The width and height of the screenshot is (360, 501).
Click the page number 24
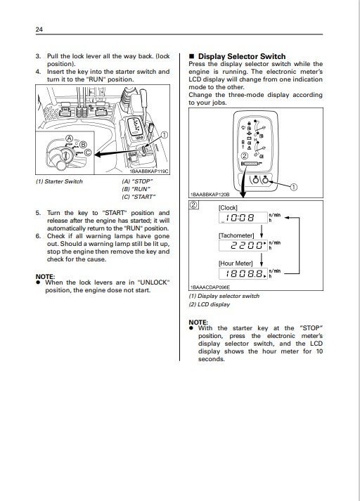(x=39, y=30)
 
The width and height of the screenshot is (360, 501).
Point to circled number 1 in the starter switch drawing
(x=164, y=134)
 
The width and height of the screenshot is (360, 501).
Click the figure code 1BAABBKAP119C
(x=148, y=171)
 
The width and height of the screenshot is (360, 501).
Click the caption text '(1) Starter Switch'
(x=59, y=181)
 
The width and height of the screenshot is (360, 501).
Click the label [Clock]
(x=229, y=208)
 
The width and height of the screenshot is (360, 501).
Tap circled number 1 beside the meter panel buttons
(x=294, y=188)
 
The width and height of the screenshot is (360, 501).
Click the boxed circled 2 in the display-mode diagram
(x=194, y=205)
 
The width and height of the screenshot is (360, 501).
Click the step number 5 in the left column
(x=38, y=212)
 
